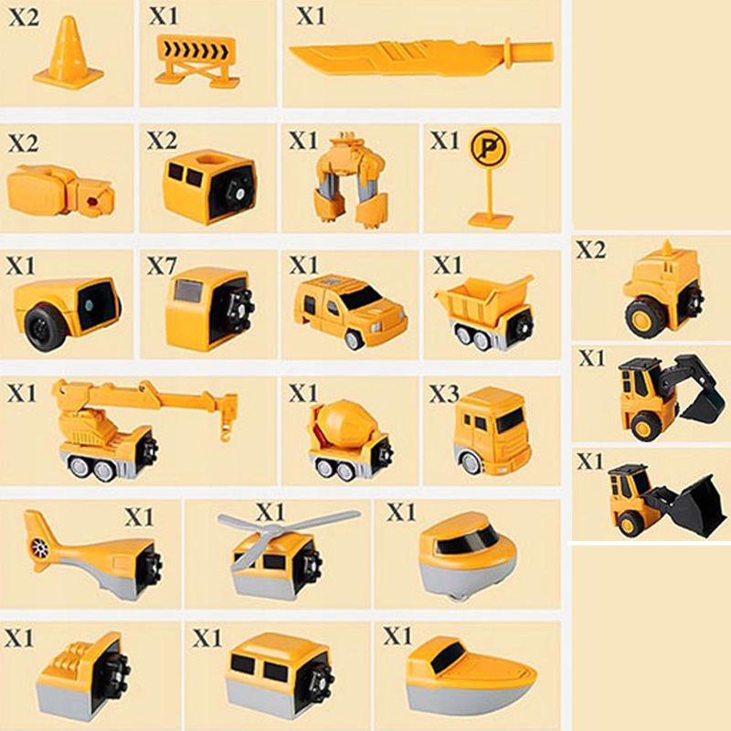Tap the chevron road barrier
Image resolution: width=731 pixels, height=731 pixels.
[x=197, y=61]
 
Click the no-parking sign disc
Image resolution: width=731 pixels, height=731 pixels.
[x=489, y=146]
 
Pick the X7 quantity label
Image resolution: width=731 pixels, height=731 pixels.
[x=162, y=266]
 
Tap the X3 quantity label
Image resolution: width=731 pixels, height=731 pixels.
[x=444, y=394]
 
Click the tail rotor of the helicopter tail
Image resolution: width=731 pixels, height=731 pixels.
[x=39, y=547]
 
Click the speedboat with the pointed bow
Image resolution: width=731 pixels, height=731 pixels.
[x=471, y=677]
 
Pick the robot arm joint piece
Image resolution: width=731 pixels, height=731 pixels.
[x=59, y=192]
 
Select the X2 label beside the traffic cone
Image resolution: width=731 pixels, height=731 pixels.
[x=24, y=17]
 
